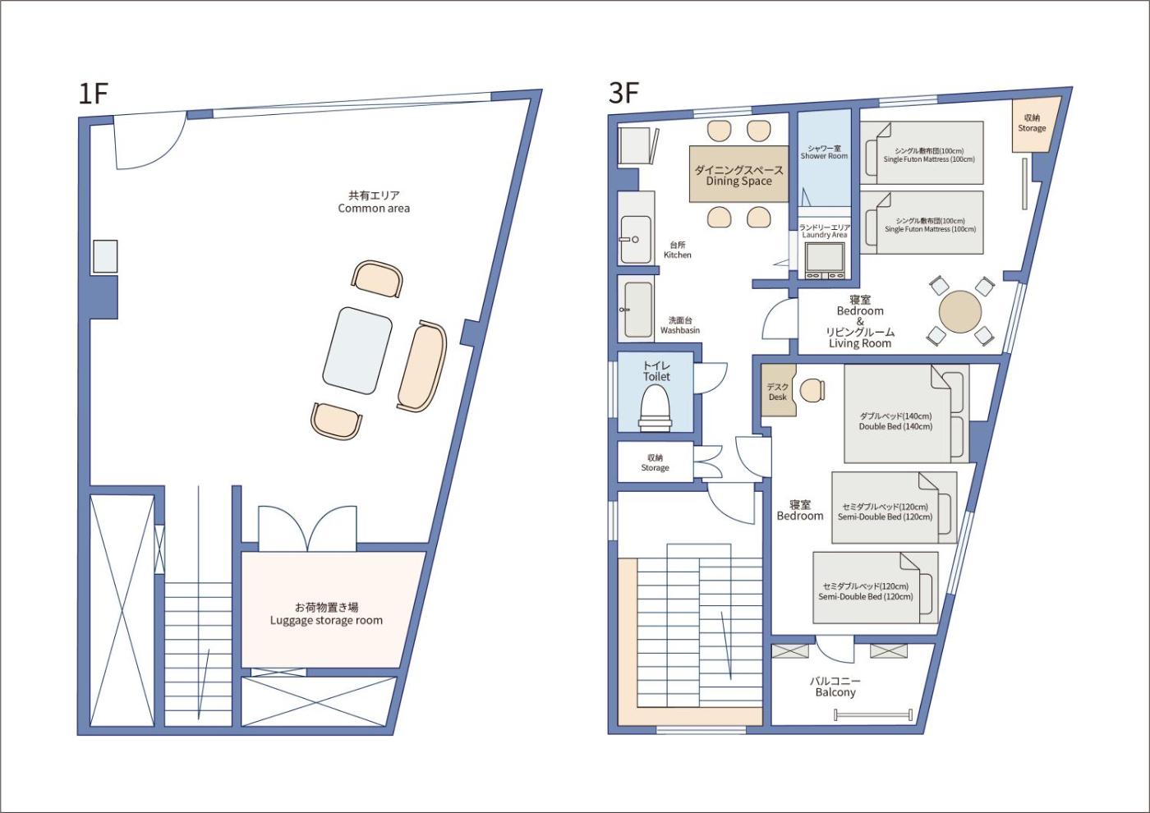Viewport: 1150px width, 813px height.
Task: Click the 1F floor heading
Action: (93, 94)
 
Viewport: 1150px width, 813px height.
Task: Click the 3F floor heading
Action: (623, 93)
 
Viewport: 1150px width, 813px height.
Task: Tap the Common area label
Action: (374, 202)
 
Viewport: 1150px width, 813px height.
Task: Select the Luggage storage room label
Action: (327, 614)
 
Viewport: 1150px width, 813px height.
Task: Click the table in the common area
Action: (357, 351)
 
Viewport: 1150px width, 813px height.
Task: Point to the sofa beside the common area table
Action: (422, 366)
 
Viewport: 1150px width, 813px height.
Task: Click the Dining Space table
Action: (738, 174)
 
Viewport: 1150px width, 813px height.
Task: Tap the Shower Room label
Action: (824, 152)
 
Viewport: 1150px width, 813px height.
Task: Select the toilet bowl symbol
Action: (655, 409)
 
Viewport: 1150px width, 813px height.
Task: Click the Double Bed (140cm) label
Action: (895, 420)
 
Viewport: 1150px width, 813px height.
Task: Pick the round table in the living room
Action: (960, 312)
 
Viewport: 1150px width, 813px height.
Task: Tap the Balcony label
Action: (835, 687)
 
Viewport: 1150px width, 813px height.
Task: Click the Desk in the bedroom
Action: (778, 391)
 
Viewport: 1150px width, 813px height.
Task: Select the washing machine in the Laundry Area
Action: (825, 261)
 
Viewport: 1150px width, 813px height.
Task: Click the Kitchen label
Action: (677, 250)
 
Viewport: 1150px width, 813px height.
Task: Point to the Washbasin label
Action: (680, 325)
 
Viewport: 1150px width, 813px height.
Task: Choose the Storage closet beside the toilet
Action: (655, 462)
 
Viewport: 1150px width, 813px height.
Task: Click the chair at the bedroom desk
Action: (812, 390)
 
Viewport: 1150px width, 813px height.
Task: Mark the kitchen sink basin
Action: (636, 239)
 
